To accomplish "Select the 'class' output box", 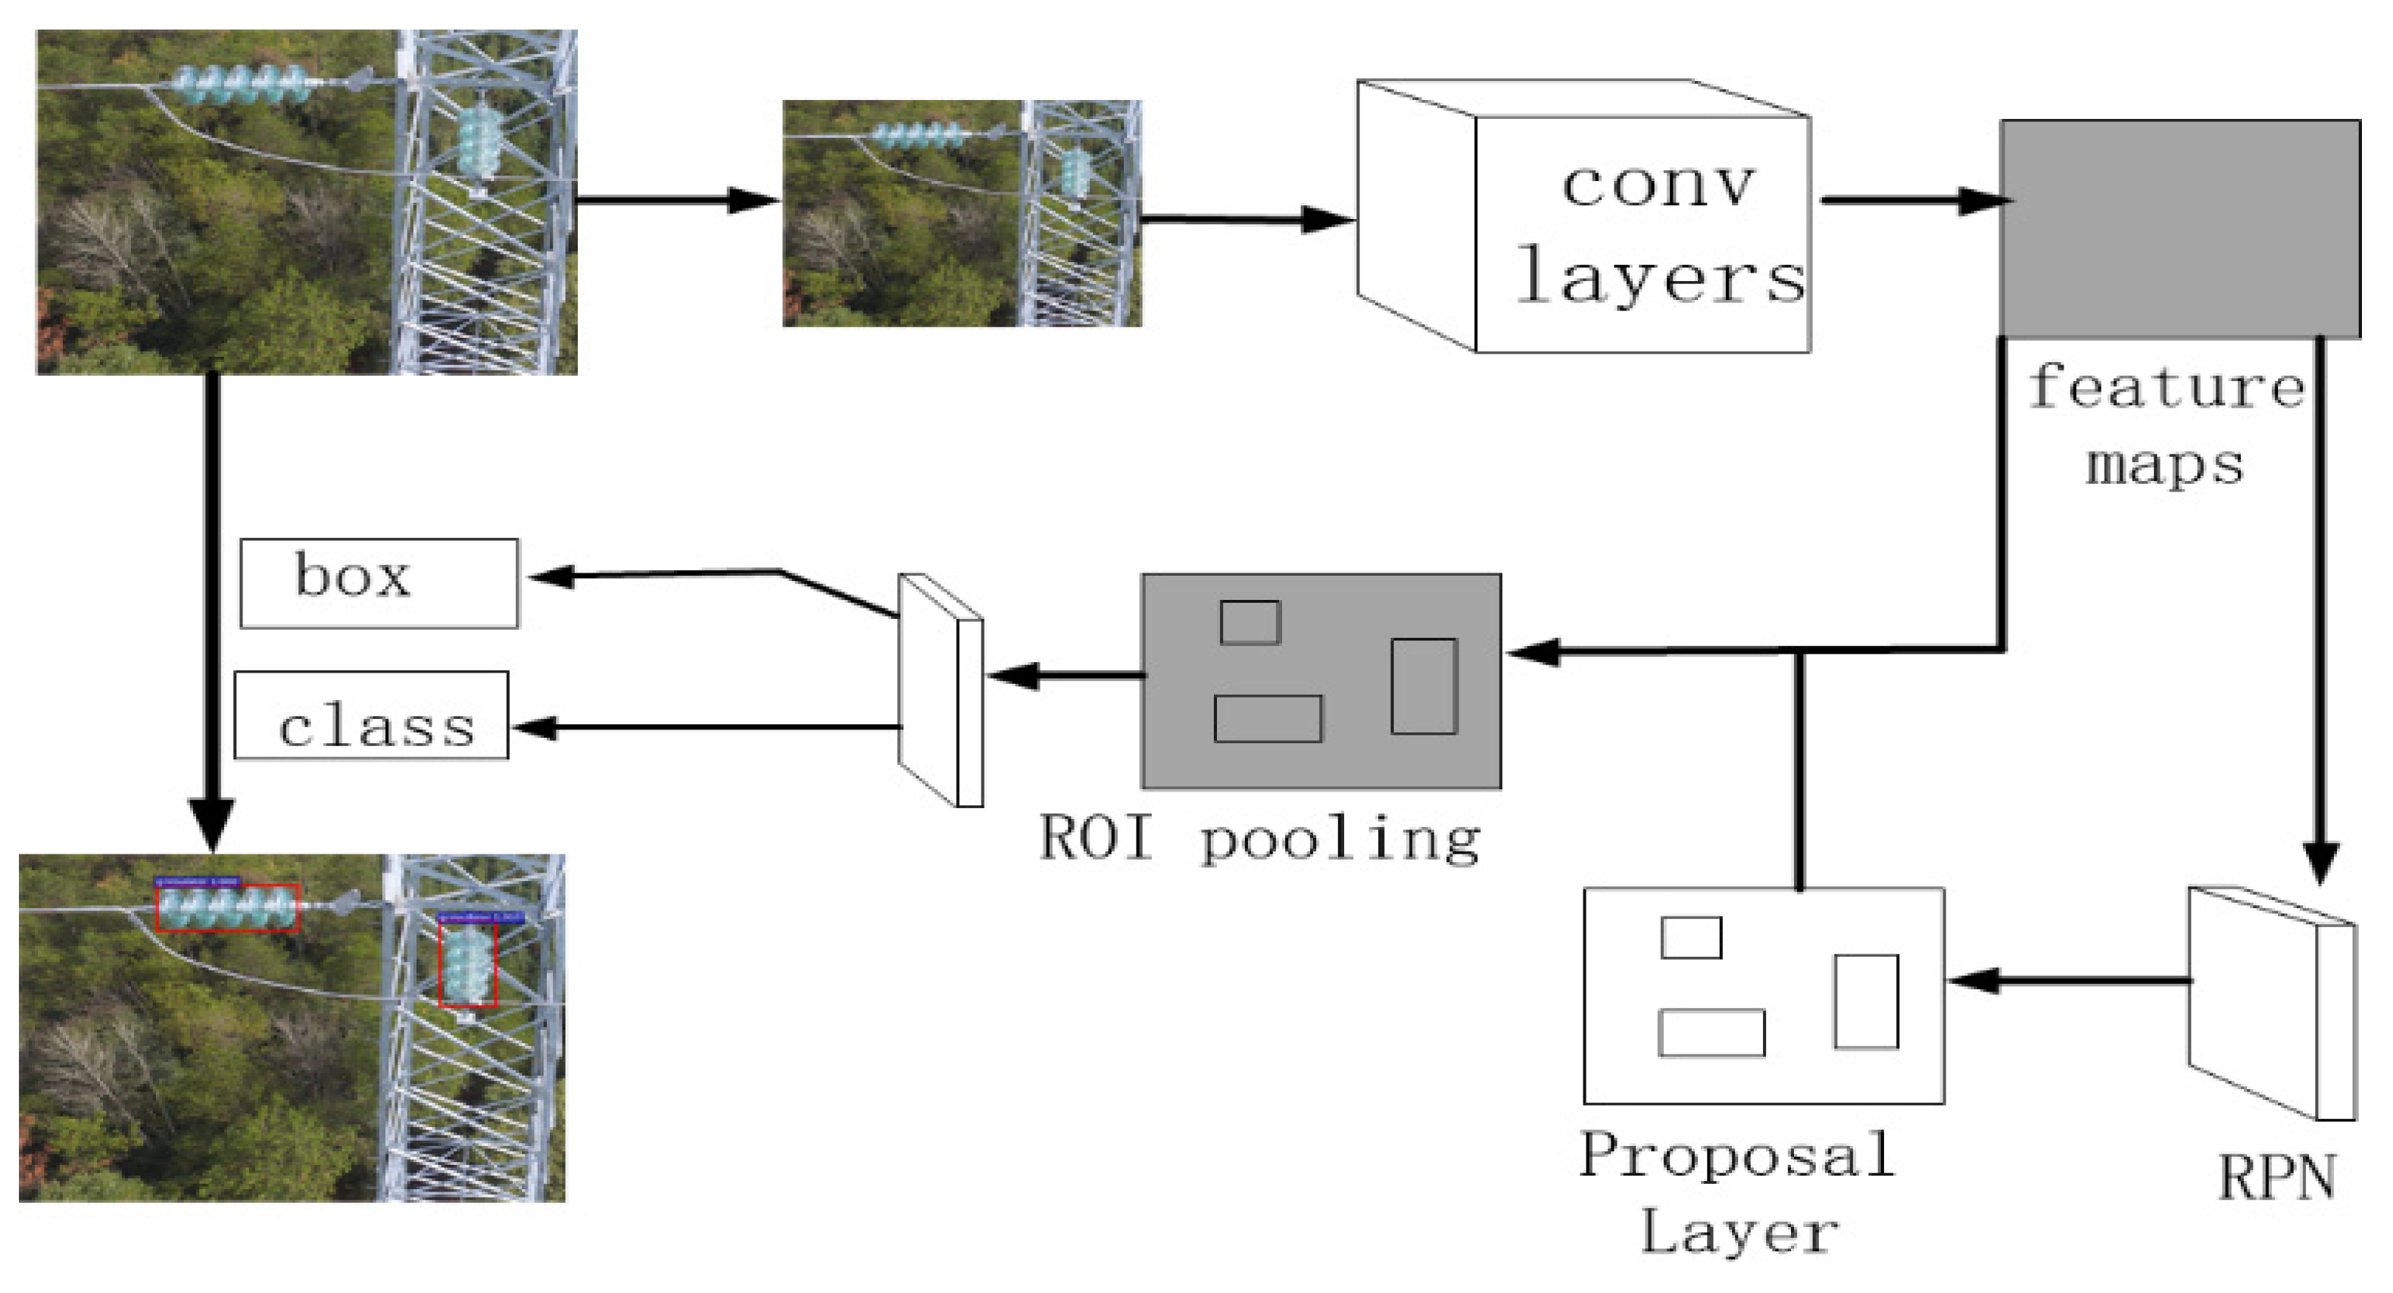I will (x=372, y=715).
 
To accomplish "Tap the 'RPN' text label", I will (x=2276, y=1178).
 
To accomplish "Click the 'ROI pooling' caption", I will (x=1259, y=838).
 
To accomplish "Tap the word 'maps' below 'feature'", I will (x=2164, y=464).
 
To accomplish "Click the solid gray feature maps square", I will (x=2179, y=227).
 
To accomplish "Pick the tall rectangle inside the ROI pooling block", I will (x=1422, y=686).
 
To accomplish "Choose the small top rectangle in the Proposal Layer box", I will (x=1691, y=937).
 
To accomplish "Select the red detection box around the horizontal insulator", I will (x=228, y=907).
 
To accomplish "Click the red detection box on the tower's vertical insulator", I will (x=467, y=965).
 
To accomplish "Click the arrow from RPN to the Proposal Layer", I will (x=2072, y=980).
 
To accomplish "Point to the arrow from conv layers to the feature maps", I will (x=1914, y=200).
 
